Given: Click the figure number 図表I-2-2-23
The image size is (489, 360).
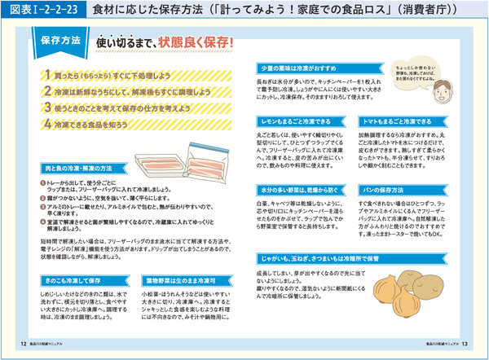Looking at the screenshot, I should click(41, 10).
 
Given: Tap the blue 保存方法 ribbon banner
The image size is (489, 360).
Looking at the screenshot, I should click(59, 39).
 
